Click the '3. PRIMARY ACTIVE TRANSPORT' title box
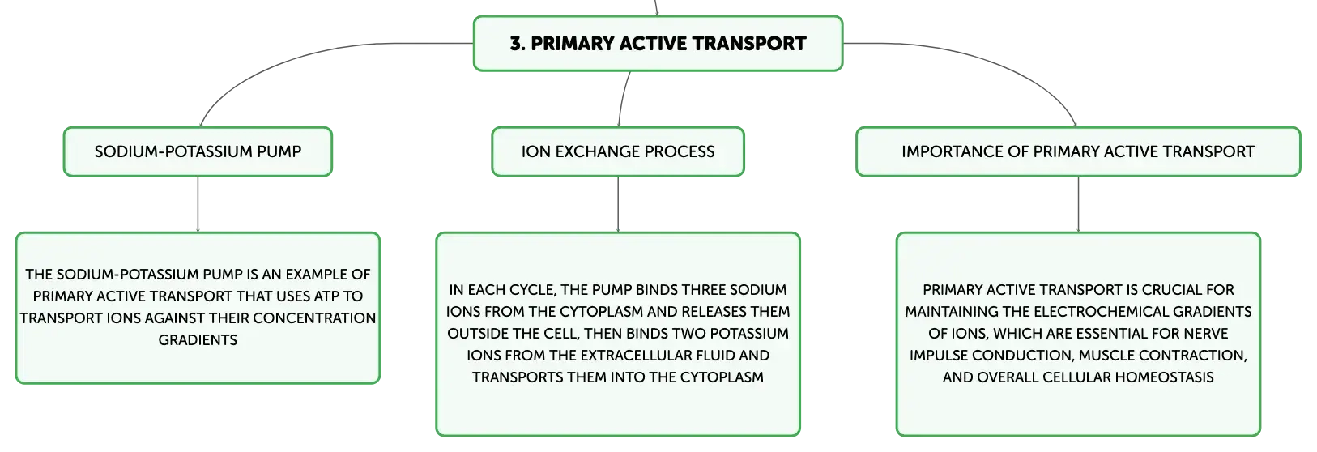(x=658, y=44)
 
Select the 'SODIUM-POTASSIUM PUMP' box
(x=198, y=151)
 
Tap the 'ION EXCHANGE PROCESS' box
(x=618, y=151)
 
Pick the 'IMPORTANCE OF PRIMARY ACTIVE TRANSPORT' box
(x=1078, y=151)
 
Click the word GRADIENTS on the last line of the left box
(x=198, y=339)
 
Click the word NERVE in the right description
(x=1208, y=333)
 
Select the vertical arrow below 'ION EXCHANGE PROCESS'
(x=618, y=204)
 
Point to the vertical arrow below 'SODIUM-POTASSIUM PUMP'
(x=198, y=204)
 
